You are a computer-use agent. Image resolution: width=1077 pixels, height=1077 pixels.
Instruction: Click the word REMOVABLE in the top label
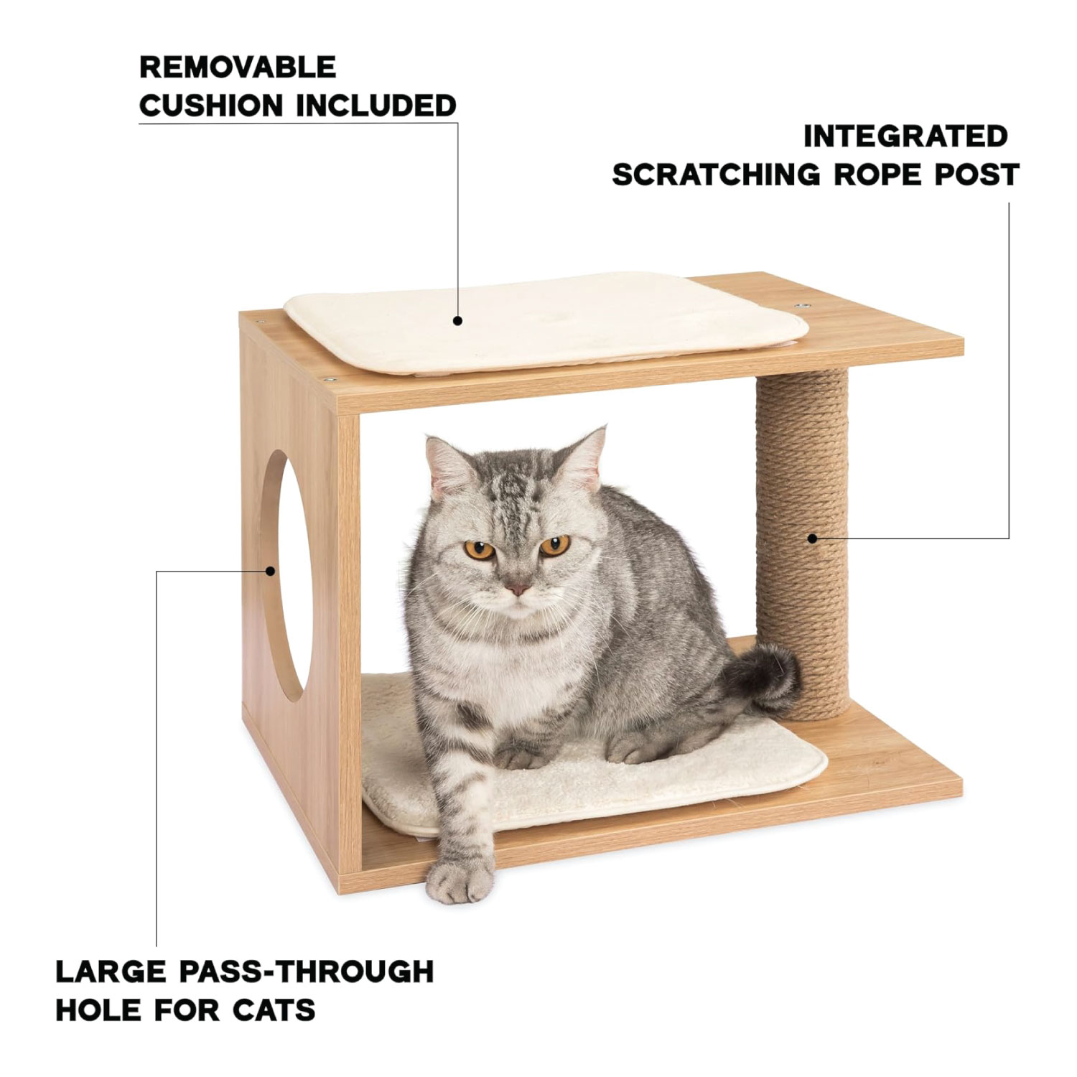[238, 67]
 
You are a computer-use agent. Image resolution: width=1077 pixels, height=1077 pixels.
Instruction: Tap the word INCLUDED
[377, 106]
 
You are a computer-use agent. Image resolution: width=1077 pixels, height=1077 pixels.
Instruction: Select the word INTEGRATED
[905, 136]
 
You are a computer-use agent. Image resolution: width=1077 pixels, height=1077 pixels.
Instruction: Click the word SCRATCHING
[716, 174]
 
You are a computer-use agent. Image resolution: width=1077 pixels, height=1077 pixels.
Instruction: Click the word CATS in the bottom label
[274, 1010]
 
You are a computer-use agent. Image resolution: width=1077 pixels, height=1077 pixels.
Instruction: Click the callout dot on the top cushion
[458, 321]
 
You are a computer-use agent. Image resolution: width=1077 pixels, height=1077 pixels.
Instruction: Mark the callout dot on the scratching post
[811, 538]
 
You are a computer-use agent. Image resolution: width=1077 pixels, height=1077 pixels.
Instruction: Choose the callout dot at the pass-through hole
[271, 572]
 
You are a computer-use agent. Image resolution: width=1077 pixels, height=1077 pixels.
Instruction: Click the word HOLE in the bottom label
[98, 1010]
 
